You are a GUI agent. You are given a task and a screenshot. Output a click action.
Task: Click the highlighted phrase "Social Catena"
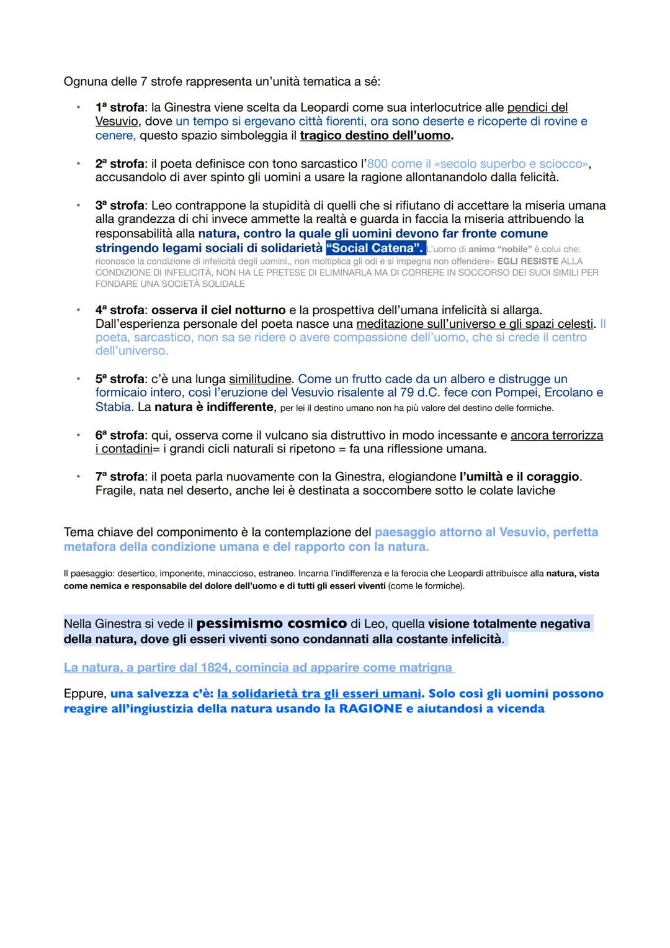(375, 248)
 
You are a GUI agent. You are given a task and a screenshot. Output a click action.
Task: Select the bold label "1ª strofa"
(120, 107)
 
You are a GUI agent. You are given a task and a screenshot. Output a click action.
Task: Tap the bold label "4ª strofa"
(120, 310)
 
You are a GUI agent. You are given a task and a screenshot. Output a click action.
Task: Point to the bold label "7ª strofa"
(120, 477)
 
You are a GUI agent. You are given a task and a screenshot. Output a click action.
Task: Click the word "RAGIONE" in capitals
(370, 708)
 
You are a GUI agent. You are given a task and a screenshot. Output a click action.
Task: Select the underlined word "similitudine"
(260, 379)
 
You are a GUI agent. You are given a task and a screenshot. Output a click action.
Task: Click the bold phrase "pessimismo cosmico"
(272, 623)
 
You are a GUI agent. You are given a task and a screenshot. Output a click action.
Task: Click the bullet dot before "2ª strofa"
(78, 164)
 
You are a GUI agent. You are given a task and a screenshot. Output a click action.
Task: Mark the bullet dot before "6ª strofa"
(78, 435)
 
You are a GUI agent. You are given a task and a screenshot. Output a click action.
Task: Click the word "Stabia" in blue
(113, 407)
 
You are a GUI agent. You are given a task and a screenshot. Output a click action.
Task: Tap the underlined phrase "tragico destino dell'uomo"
(376, 135)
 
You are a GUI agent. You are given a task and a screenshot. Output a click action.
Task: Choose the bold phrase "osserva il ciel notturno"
(218, 310)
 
